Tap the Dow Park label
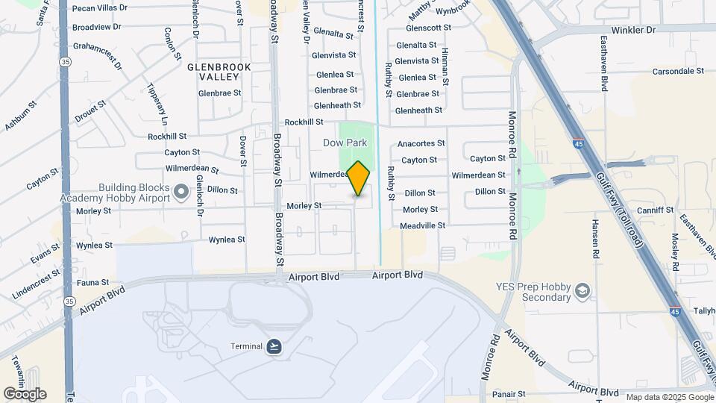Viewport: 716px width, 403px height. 345,143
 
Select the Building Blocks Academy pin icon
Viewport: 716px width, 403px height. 180,193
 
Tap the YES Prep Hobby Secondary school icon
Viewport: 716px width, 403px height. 582,290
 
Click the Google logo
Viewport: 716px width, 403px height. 25,394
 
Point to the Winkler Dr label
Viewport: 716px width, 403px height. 635,30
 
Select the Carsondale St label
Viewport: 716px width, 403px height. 678,71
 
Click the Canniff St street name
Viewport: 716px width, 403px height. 656,210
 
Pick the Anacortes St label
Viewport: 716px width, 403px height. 421,143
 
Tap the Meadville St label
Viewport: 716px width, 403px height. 422,225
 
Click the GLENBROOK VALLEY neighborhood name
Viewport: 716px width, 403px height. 219,72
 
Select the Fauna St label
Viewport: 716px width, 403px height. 93,283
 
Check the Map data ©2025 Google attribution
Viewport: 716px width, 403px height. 670,397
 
